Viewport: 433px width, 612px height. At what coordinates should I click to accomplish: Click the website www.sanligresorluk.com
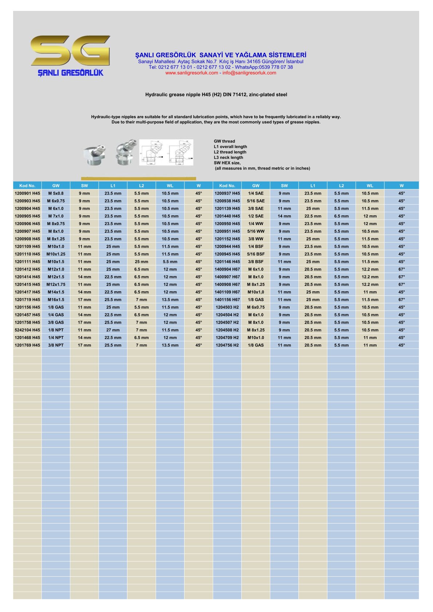click(x=191, y=73)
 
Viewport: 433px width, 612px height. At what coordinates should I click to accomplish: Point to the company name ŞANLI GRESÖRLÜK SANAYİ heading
click(x=221, y=55)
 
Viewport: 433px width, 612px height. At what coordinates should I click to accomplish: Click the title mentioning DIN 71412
click(x=216, y=95)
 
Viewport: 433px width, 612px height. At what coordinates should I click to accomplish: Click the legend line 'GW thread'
click(x=225, y=141)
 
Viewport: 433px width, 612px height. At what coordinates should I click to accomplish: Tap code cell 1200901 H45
click(x=27, y=193)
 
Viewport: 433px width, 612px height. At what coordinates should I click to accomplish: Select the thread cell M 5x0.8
click(x=56, y=193)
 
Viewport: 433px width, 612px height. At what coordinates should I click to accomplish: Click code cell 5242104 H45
click(x=27, y=330)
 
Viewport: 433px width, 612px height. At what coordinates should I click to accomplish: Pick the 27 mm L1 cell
click(x=113, y=330)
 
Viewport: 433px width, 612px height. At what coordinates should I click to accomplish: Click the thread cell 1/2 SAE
click(x=256, y=216)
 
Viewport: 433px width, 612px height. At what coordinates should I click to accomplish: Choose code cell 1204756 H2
click(x=227, y=345)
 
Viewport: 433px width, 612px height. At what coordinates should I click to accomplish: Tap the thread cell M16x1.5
click(x=56, y=300)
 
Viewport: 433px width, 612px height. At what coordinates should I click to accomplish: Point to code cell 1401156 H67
click(x=227, y=300)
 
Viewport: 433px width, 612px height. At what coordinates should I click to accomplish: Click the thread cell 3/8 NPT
click(x=56, y=345)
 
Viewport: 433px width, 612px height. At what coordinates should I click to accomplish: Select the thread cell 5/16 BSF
click(x=256, y=254)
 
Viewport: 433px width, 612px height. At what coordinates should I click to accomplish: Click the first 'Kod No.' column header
click(x=27, y=186)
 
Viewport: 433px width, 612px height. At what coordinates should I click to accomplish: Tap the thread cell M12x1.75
click(x=56, y=285)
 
